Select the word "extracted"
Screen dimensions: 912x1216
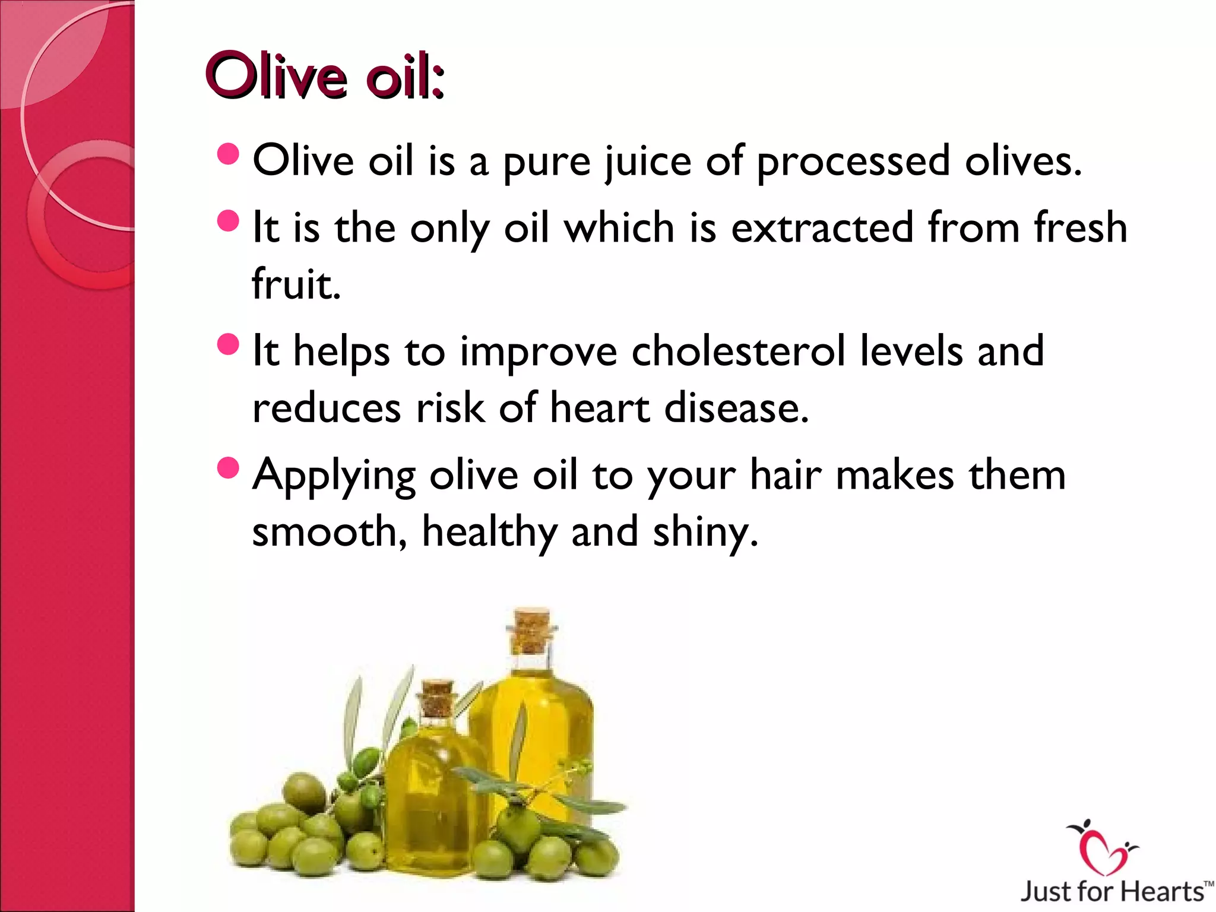coord(822,227)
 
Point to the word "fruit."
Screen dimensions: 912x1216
coord(296,284)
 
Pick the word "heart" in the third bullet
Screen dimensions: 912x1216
coord(600,408)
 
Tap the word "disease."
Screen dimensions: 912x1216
coord(736,408)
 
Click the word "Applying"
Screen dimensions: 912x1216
coord(334,475)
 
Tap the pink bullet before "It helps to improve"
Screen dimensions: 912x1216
coord(228,344)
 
